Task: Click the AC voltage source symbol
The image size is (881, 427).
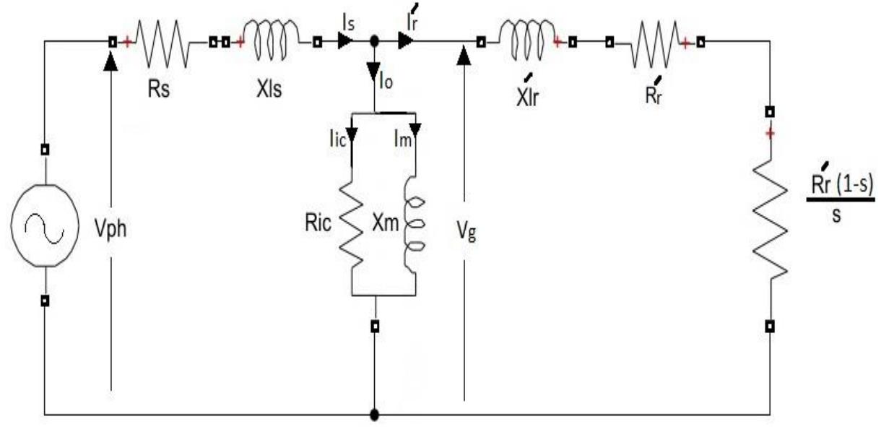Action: [45, 227]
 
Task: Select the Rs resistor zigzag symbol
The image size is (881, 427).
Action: [164, 43]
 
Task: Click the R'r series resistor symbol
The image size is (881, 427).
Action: [654, 43]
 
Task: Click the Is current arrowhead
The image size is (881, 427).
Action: [347, 43]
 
